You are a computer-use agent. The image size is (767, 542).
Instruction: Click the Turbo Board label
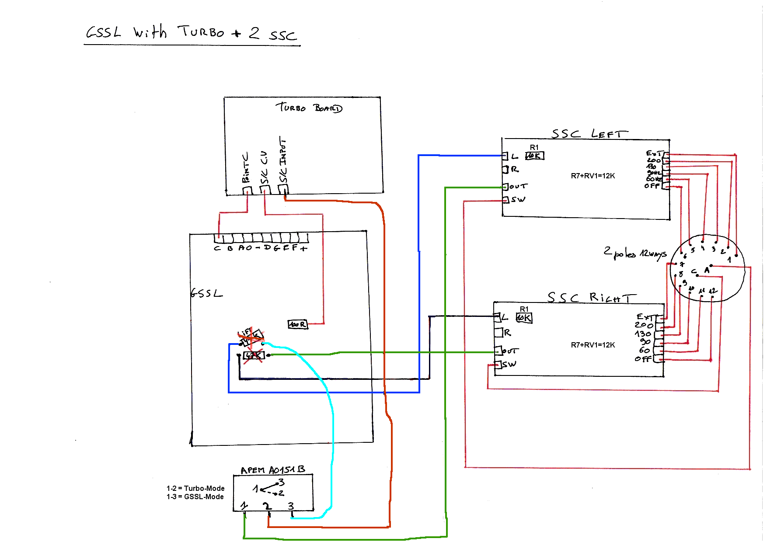(309, 108)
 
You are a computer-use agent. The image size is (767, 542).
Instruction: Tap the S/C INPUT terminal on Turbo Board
(283, 189)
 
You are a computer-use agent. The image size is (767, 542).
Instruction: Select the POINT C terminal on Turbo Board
(248, 191)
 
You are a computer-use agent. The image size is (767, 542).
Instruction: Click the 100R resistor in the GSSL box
(298, 324)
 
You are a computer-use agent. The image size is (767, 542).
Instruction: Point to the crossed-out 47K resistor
(254, 355)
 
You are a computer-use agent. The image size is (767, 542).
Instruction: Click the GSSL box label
(206, 293)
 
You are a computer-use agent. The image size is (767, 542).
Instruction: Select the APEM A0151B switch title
(272, 470)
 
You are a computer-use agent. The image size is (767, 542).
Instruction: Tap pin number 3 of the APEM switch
(291, 506)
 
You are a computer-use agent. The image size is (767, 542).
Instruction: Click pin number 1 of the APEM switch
(244, 506)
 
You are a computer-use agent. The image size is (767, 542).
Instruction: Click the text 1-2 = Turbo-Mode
(195, 488)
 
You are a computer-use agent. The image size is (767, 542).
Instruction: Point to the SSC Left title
(589, 133)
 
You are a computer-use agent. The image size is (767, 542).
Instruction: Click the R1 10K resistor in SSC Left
(534, 156)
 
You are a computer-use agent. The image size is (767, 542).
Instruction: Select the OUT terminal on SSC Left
(506, 187)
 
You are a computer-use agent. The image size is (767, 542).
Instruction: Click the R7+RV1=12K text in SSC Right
(593, 345)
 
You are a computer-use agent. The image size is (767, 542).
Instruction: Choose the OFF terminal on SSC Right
(658, 360)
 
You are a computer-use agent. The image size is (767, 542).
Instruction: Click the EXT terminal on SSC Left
(666, 154)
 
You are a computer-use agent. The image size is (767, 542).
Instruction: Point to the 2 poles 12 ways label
(635, 253)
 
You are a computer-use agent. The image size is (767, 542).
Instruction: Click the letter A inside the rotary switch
(707, 271)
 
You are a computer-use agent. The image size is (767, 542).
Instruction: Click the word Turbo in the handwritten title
(201, 32)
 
